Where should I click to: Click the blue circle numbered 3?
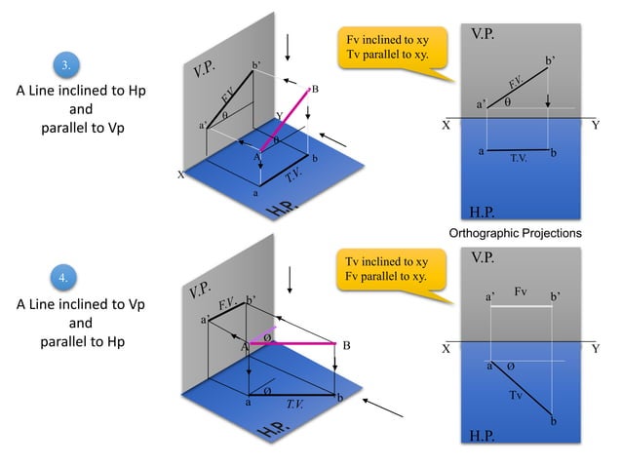click(65, 66)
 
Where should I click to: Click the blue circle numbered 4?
click(65, 279)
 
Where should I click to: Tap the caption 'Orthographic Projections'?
click(515, 234)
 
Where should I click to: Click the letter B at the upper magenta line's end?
click(316, 90)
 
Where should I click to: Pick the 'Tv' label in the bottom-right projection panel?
click(517, 395)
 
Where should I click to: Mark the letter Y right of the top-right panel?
click(596, 125)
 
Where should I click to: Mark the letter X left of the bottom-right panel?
click(446, 348)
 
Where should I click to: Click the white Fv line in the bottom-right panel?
click(521, 306)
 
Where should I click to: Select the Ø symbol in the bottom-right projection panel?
click(510, 368)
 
